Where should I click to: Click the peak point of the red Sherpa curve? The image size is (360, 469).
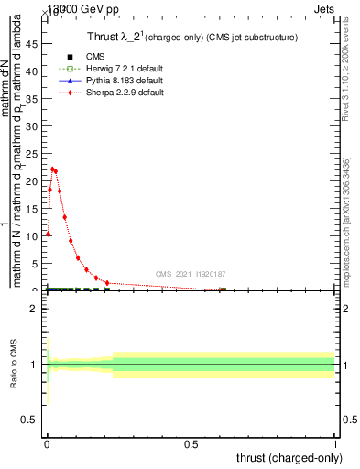pyautogui.click(x=52, y=169)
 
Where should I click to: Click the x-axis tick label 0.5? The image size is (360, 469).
pyautogui.click(x=191, y=445)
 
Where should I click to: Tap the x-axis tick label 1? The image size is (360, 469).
pyautogui.click(x=334, y=445)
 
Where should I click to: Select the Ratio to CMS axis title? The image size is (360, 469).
pyautogui.click(x=14, y=365)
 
